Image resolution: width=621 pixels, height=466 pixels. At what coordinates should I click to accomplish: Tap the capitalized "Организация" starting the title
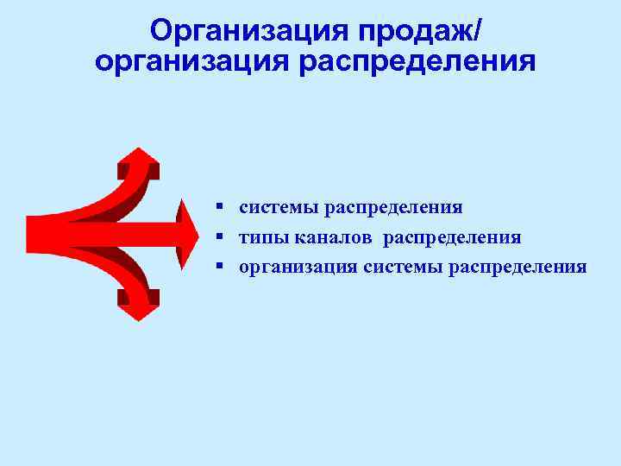[x=241, y=31]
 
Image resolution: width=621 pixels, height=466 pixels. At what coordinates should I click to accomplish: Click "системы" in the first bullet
[x=278, y=208]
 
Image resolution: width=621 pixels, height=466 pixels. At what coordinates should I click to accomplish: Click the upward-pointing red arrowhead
[x=138, y=161]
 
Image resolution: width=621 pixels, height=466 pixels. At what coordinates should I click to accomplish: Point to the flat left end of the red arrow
[x=29, y=234]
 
